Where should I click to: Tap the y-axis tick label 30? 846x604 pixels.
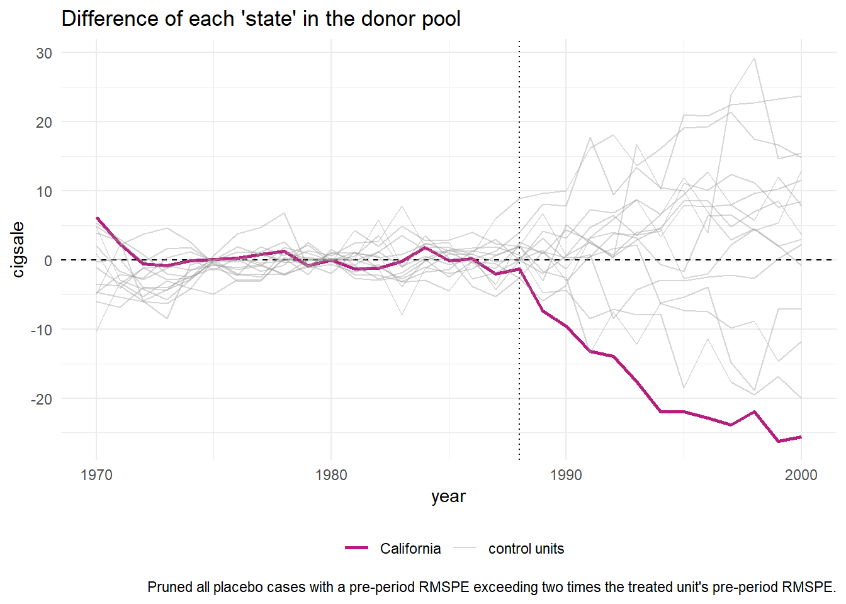click(x=44, y=53)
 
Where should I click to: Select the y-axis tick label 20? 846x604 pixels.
click(x=44, y=123)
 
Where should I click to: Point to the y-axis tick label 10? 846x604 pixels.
click(x=44, y=192)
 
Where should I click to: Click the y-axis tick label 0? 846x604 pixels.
click(x=48, y=260)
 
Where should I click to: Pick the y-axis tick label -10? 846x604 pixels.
click(x=42, y=330)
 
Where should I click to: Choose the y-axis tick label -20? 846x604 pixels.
click(x=42, y=399)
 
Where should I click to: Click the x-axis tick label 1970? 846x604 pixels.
click(x=96, y=475)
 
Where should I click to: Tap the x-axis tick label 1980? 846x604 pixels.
click(x=331, y=475)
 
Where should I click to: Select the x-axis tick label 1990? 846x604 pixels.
click(x=566, y=475)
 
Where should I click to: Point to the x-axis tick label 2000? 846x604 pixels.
click(x=801, y=475)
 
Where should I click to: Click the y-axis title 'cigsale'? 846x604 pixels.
click(x=18, y=250)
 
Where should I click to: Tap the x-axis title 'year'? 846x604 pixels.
click(x=448, y=497)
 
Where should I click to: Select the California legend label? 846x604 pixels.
click(x=410, y=549)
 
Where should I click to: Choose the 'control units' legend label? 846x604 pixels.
click(x=526, y=549)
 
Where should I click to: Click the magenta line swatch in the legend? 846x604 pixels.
click(x=356, y=549)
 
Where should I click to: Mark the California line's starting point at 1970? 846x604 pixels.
click(x=97, y=218)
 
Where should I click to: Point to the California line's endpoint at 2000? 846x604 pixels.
click(x=801, y=437)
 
